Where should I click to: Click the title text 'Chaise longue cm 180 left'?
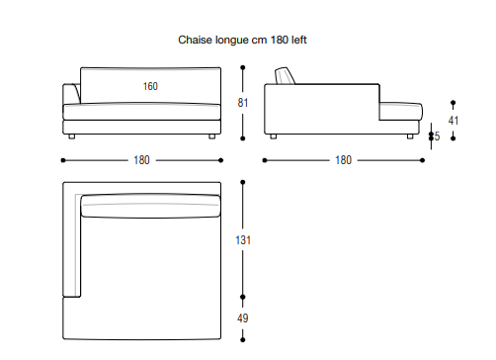coord(242,40)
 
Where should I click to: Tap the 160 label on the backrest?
coord(150,86)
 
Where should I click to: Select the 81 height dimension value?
coord(243,103)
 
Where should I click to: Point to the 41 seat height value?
coord(454,121)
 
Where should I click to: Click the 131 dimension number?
coord(243,240)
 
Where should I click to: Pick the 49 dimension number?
coord(243,318)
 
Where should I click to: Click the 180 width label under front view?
coord(141,160)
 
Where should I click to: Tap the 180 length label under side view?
coord(343,160)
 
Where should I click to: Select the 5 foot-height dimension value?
coord(437,136)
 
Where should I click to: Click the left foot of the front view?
coord(72,136)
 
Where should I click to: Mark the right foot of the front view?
coord(212,136)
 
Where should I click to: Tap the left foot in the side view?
coord(273,136)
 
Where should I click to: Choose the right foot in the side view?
coord(410,136)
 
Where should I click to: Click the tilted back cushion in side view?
coord(285,76)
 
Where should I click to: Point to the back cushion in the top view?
coord(150,206)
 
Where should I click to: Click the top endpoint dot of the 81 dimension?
coord(243,67)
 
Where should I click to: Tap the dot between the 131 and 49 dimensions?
coord(243,297)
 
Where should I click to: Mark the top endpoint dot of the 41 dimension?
coord(454,103)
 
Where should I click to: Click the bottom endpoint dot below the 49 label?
coord(243,339)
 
